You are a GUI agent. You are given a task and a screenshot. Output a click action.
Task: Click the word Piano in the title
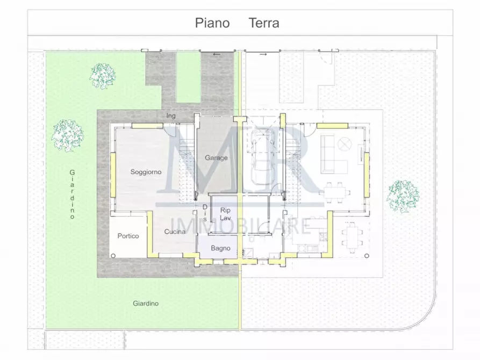pyautogui.click(x=212, y=23)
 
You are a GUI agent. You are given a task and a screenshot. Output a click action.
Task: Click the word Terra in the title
pyautogui.click(x=263, y=23)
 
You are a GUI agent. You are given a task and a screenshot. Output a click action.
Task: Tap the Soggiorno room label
pyautogui.click(x=146, y=172)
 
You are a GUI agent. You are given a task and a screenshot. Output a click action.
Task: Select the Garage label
pyautogui.click(x=216, y=158)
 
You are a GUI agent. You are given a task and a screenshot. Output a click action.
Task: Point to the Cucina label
pyautogui.click(x=175, y=232)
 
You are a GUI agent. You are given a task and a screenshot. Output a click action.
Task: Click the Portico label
pyautogui.click(x=128, y=236)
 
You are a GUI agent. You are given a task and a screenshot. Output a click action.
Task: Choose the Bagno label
pyautogui.click(x=220, y=248)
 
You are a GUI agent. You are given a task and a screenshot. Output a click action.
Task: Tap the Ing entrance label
pyautogui.click(x=171, y=116)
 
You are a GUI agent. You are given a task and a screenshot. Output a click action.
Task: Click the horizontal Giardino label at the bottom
pyautogui.click(x=146, y=304)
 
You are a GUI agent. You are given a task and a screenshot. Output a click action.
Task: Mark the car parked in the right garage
pyautogui.click(x=263, y=160)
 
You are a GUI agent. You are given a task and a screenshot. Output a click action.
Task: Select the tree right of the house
pyautogui.click(x=403, y=196)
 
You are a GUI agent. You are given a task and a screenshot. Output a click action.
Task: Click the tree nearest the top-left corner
pyautogui.click(x=102, y=76)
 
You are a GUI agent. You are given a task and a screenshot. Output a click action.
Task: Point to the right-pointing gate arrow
pyautogui.click(x=263, y=55)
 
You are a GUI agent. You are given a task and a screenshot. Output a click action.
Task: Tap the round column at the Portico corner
pyautogui.click(x=113, y=256)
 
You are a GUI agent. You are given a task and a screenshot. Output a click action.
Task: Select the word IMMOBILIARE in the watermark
pyautogui.click(x=240, y=225)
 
